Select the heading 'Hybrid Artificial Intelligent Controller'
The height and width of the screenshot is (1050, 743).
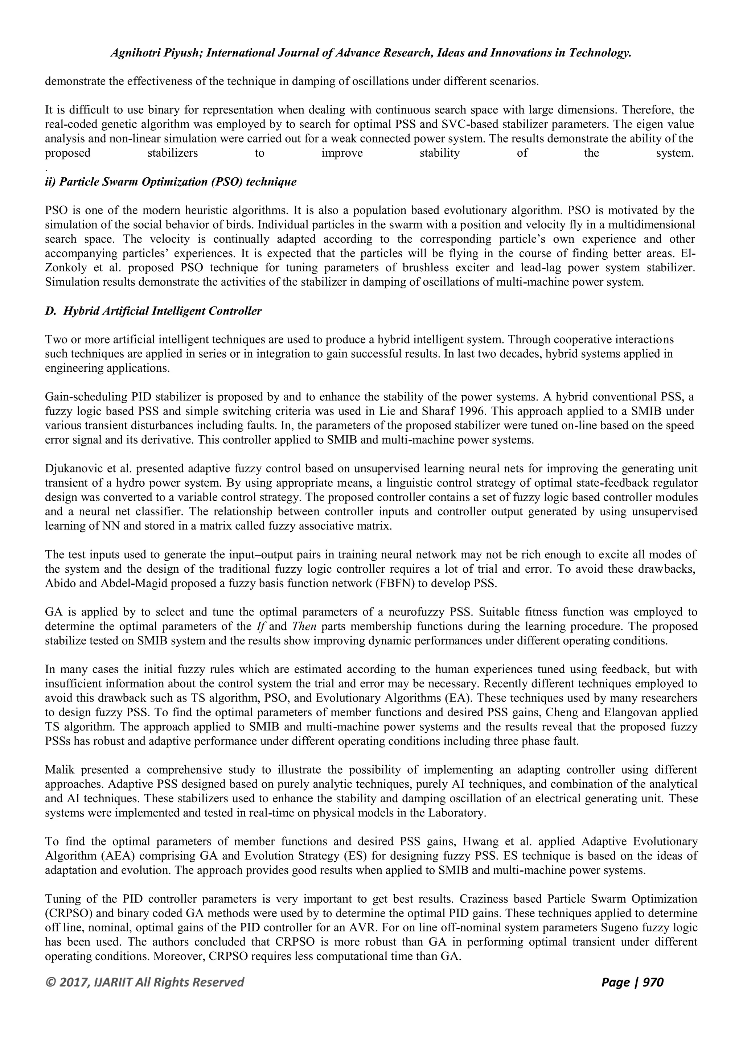click(x=162, y=311)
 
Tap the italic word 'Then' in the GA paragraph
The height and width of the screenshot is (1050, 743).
click(x=304, y=626)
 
